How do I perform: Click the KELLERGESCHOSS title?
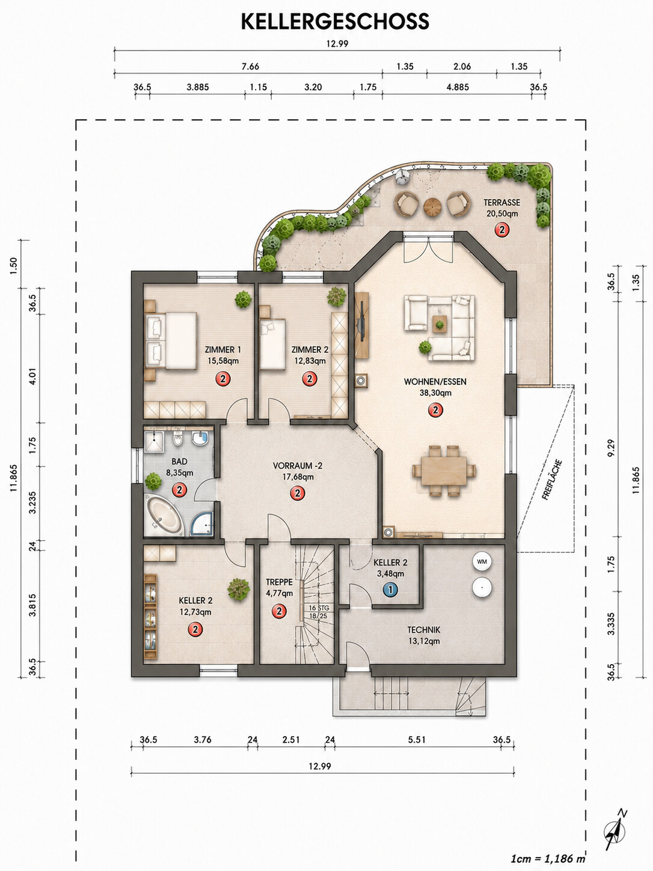(x=335, y=22)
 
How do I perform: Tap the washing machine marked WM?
(x=482, y=561)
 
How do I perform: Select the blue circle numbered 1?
(x=390, y=590)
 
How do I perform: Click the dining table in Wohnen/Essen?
(x=444, y=470)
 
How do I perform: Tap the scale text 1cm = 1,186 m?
(x=548, y=859)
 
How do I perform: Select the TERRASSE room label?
(x=502, y=202)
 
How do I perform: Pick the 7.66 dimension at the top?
(x=251, y=66)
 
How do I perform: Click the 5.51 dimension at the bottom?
(x=417, y=740)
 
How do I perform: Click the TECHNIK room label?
(x=424, y=630)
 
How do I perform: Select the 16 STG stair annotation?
(x=319, y=608)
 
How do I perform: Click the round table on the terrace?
(x=432, y=206)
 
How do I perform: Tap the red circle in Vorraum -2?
(x=298, y=493)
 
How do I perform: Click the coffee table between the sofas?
(x=439, y=324)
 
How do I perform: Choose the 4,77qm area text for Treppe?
(x=280, y=593)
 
